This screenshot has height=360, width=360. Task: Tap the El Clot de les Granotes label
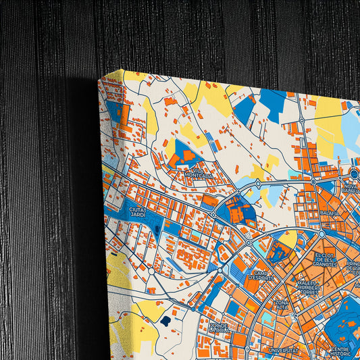pyautogui.click(x=325, y=260)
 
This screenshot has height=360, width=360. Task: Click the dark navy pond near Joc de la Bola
pyautogui.click(x=165, y=321)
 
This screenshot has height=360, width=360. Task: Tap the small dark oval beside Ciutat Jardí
pyautogui.click(x=157, y=229)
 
